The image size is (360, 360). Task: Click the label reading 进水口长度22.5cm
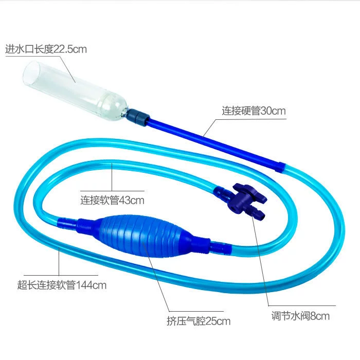(46, 49)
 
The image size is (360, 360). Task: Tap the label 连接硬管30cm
(254, 111)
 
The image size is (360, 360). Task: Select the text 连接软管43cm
(112, 200)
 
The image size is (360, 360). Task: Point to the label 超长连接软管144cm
(62, 285)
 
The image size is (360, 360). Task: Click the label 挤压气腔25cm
(199, 321)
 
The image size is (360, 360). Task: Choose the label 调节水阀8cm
(300, 316)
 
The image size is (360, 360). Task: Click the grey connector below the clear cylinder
(138, 118)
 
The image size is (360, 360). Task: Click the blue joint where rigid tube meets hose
(280, 167)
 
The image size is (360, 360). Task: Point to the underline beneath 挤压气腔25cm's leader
(196, 311)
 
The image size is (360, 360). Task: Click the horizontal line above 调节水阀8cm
(302, 305)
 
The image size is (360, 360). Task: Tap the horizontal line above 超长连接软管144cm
(61, 275)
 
